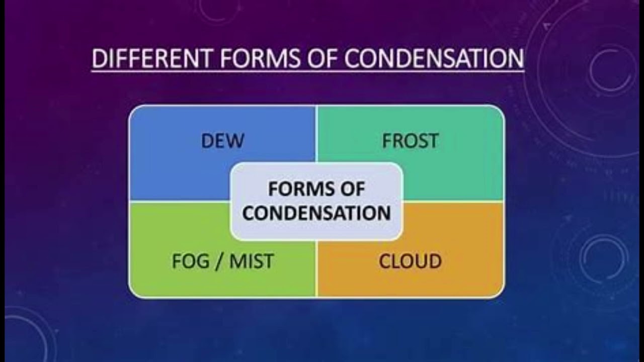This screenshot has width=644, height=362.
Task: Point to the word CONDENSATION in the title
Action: (435, 58)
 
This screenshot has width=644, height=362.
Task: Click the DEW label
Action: (222, 141)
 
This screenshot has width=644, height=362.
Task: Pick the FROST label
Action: (410, 141)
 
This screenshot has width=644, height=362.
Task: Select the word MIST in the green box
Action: (252, 261)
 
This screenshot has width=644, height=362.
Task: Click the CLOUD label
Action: (410, 261)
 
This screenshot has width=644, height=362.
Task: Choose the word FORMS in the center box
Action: (297, 190)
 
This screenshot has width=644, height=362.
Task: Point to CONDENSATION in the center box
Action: (316, 213)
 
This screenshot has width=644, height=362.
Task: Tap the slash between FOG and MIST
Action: (218, 261)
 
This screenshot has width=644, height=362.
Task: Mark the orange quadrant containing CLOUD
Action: (453, 271)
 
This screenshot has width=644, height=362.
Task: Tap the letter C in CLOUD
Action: (385, 261)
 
